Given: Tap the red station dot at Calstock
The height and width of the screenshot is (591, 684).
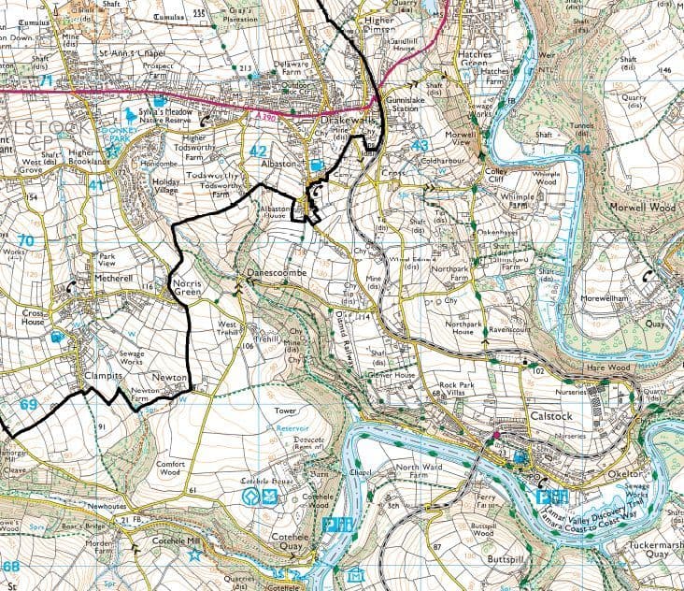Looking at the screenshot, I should pyautogui.click(x=496, y=435).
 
